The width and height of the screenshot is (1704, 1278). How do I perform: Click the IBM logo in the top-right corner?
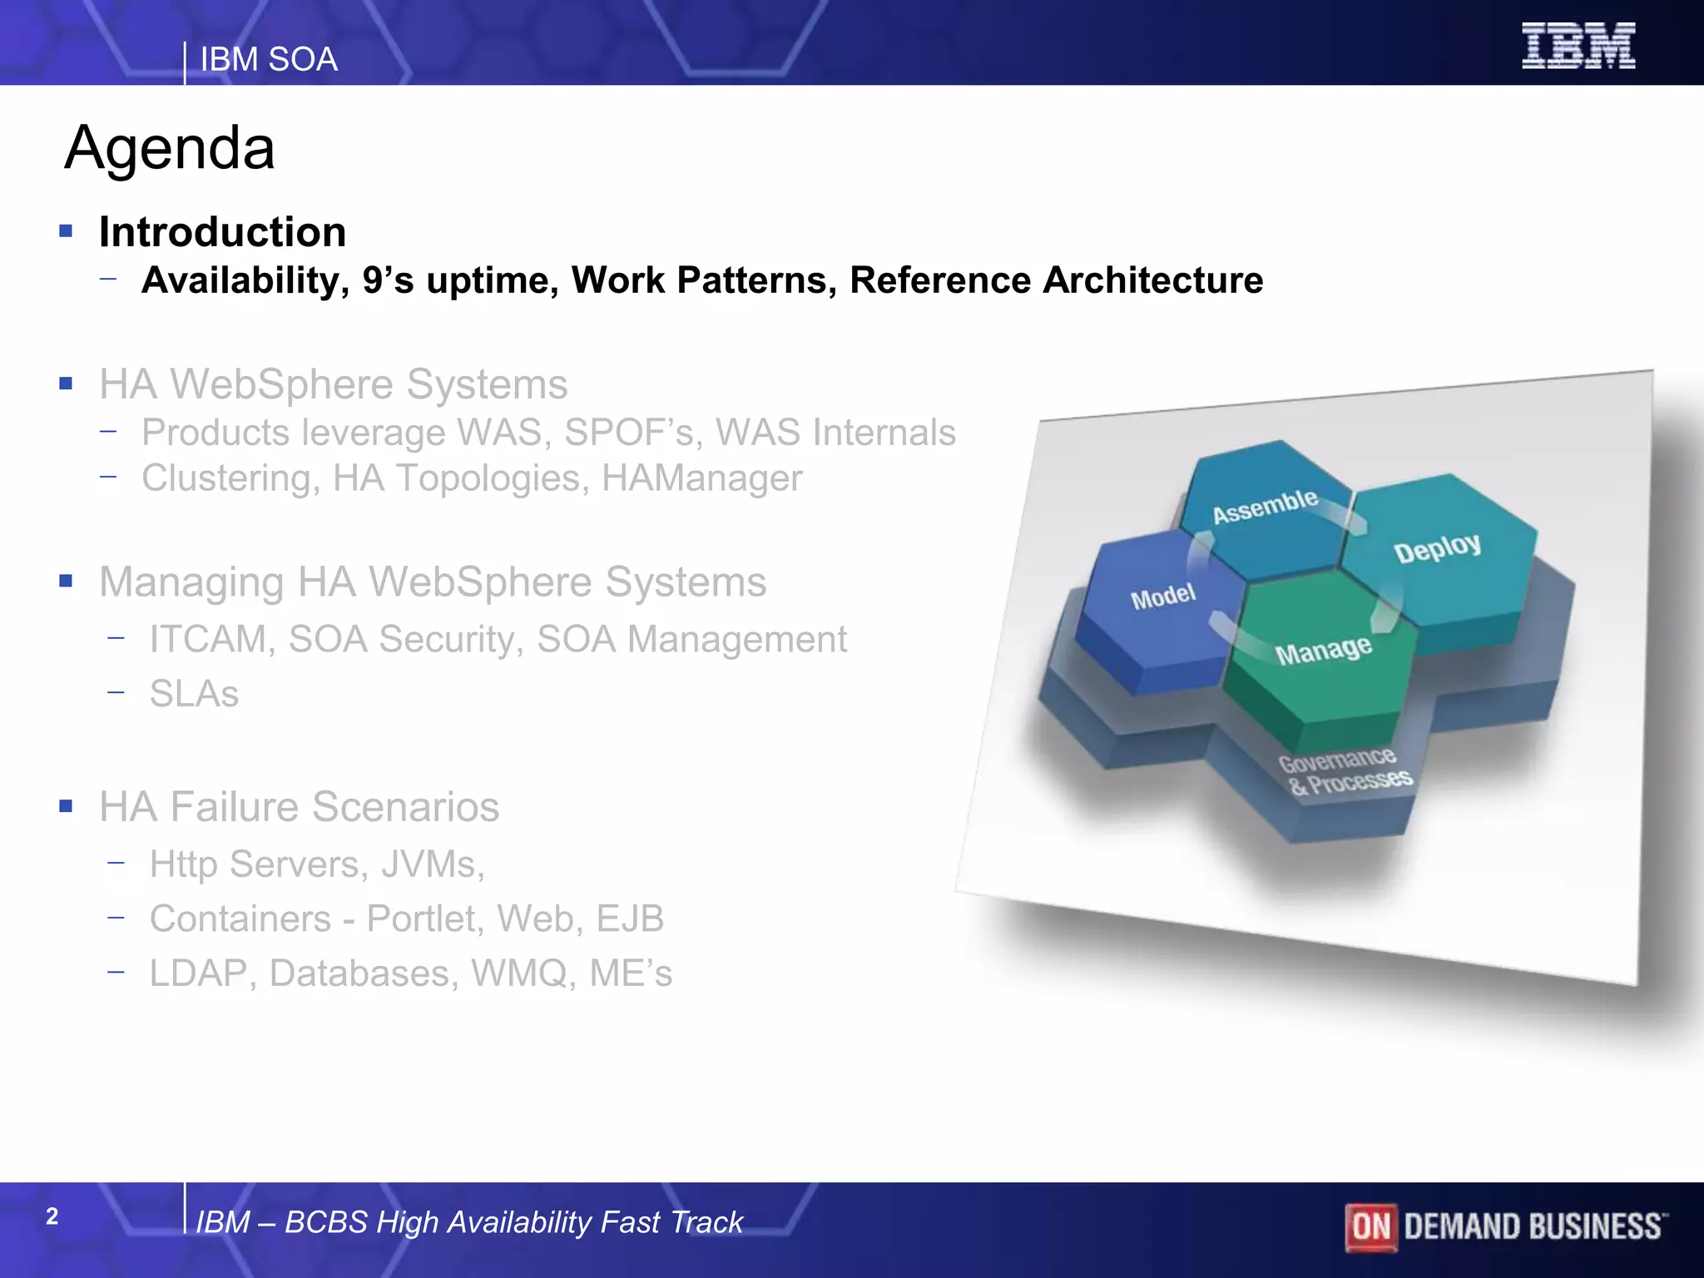pyautogui.click(x=1578, y=46)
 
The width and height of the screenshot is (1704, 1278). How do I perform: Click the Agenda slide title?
pyautogui.click(x=170, y=148)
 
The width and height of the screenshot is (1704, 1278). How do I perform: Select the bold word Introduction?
pyautogui.click(x=222, y=232)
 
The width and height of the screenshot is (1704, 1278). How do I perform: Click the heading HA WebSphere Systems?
pyautogui.click(x=333, y=384)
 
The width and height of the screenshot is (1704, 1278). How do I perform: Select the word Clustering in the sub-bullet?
pyautogui.click(x=225, y=478)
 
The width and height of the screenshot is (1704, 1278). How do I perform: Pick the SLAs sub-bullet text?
pyautogui.click(x=194, y=694)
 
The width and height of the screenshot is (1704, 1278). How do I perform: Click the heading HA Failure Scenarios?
pyautogui.click(x=299, y=807)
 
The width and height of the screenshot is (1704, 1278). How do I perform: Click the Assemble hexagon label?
pyautogui.click(x=1265, y=507)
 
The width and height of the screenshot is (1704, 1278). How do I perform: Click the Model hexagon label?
pyautogui.click(x=1162, y=597)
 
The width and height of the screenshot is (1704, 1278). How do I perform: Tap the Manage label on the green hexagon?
pyautogui.click(x=1323, y=651)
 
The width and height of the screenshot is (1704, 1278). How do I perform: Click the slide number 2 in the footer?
pyautogui.click(x=52, y=1216)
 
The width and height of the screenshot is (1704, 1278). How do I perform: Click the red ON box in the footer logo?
pyautogui.click(x=1370, y=1226)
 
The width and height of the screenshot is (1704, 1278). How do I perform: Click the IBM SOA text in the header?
pyautogui.click(x=269, y=60)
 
